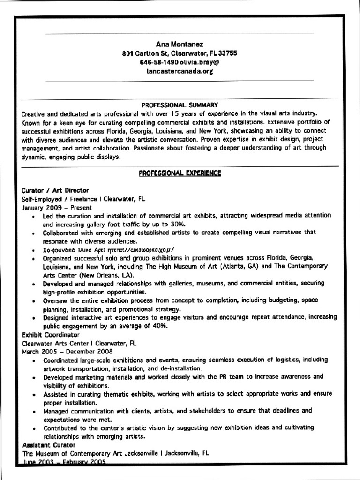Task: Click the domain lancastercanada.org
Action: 180,71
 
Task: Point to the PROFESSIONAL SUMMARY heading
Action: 180,105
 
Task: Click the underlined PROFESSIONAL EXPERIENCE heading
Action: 180,173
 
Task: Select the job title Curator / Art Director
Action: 55,190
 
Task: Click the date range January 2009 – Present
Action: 57,207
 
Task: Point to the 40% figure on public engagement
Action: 159,326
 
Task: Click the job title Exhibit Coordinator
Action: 51,335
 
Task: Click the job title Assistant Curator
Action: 49,445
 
